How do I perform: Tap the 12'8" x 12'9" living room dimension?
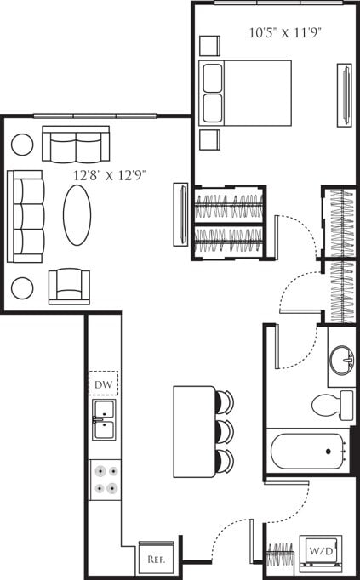click(110, 175)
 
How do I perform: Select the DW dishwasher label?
click(104, 384)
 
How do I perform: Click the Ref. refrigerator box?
click(156, 559)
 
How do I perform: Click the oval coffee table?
click(77, 215)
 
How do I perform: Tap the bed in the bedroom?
click(245, 93)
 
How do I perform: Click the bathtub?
click(307, 452)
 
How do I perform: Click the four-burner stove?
click(105, 479)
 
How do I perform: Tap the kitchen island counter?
click(195, 431)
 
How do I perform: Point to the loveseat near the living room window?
click(76, 145)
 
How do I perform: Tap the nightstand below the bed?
click(209, 139)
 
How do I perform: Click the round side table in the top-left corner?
click(22, 144)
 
